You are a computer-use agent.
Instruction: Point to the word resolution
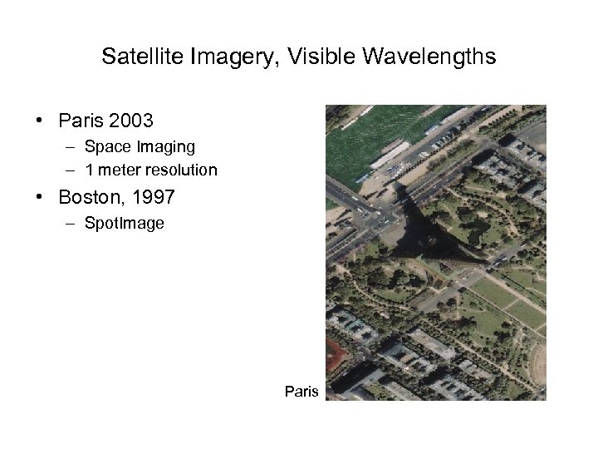pos(183,170)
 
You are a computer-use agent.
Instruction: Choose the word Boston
pos(86,198)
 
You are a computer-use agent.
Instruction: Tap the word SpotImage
pos(124,223)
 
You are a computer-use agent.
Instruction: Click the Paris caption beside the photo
pos(301,390)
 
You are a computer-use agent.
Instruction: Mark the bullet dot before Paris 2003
pos(40,121)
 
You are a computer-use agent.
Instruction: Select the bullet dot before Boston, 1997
pos(40,198)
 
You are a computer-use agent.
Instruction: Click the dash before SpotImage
pos(66,223)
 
